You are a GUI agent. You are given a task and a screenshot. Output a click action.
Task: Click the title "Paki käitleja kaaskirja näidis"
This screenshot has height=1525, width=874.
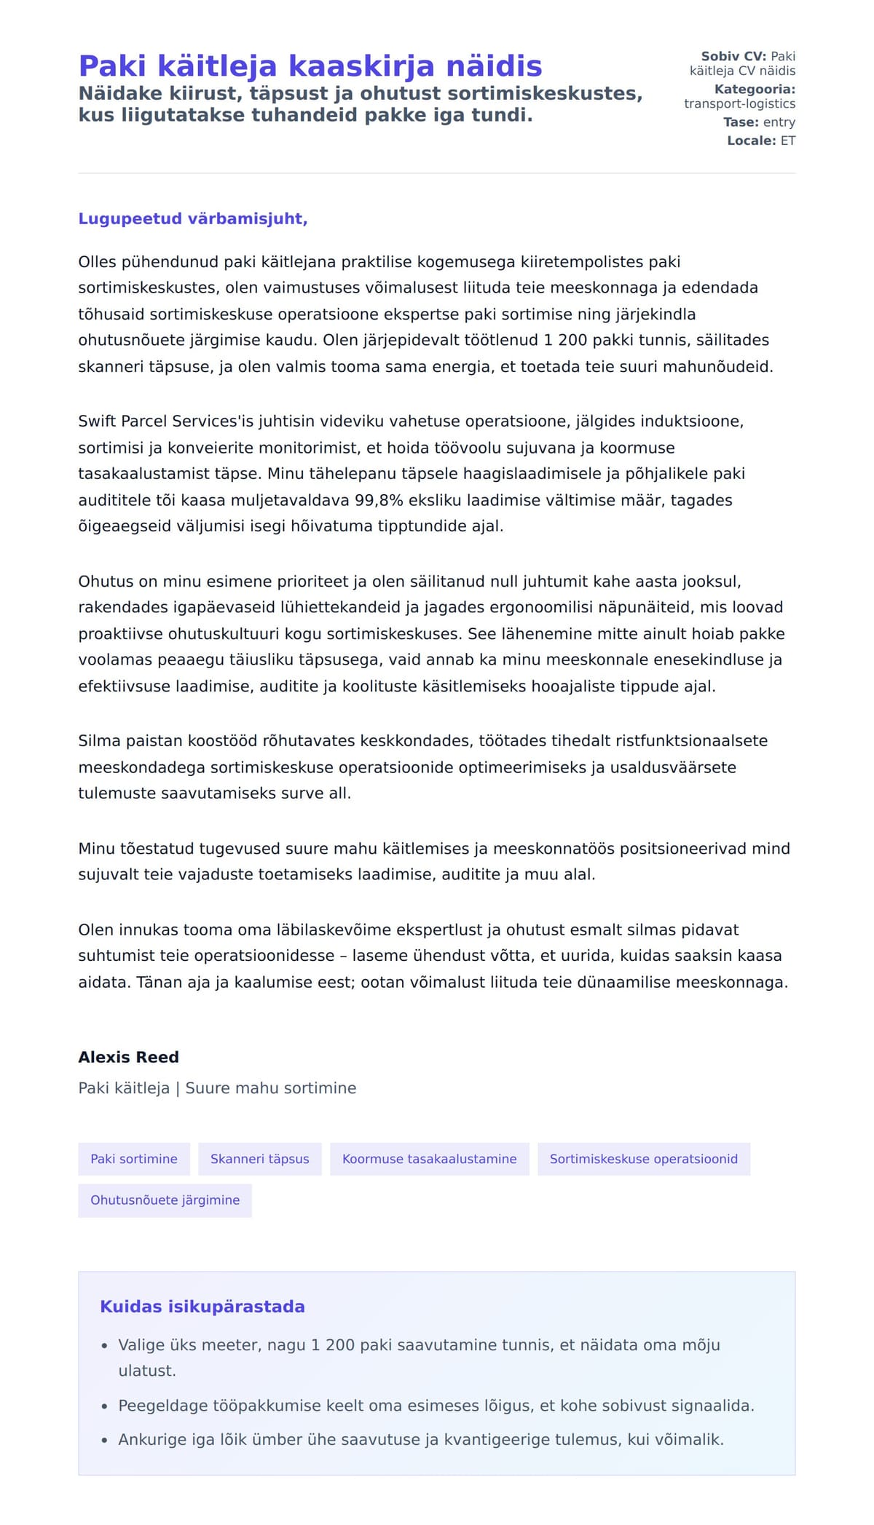(310, 66)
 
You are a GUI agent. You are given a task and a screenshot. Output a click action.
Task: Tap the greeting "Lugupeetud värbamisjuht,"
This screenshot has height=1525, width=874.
(193, 219)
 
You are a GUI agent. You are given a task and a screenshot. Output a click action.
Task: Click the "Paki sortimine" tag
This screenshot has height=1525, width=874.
(134, 1159)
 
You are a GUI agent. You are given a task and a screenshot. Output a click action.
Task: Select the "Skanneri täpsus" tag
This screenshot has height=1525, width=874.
(259, 1159)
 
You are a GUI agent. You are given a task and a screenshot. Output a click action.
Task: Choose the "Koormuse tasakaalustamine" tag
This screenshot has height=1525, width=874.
(429, 1159)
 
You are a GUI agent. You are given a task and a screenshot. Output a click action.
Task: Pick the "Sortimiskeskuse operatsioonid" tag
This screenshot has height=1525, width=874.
(643, 1159)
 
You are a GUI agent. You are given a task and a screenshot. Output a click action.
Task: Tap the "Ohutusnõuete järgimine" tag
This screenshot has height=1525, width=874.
(165, 1200)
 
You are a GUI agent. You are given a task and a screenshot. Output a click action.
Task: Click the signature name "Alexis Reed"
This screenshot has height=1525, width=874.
(128, 1057)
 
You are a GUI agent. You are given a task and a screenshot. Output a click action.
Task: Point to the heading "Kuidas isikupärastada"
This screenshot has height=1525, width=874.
(202, 1307)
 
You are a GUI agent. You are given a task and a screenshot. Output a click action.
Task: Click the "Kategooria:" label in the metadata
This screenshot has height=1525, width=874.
(755, 90)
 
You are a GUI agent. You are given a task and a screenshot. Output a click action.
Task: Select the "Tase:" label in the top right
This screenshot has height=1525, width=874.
(741, 122)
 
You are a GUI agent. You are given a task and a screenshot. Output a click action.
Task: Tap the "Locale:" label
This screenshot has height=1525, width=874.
(751, 140)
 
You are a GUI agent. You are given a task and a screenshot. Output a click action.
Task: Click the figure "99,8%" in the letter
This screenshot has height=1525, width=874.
(379, 500)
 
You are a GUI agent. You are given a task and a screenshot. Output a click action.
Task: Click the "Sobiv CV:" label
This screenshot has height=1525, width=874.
(733, 56)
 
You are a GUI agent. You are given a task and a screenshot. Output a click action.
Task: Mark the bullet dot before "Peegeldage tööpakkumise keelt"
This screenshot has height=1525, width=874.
(105, 1406)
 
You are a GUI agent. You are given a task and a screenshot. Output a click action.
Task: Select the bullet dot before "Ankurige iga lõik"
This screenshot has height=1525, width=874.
(105, 1440)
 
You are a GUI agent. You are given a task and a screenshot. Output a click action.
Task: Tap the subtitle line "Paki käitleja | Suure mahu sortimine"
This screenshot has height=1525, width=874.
(217, 1088)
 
